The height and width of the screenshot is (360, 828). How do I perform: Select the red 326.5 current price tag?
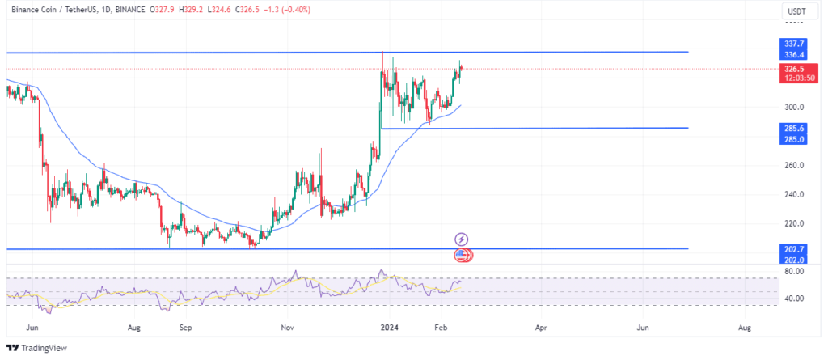tap(793, 70)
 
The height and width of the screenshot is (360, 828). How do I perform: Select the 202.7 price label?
tap(793, 249)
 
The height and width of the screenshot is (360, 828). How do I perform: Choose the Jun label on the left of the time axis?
tap(32, 328)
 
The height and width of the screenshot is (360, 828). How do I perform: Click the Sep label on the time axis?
tap(186, 328)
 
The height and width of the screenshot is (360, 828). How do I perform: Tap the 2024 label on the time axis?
tap(388, 328)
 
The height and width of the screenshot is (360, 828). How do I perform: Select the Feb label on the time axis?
tap(441, 328)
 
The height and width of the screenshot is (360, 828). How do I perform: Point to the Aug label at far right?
tap(745, 328)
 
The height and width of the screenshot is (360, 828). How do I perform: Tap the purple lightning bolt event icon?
tap(462, 239)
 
